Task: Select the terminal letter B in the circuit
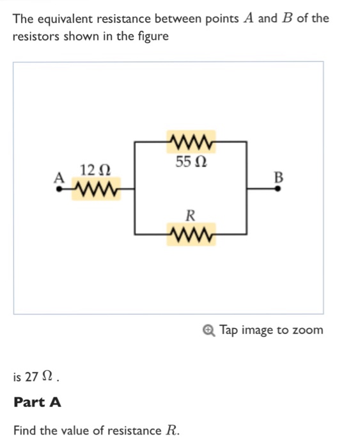(x=278, y=176)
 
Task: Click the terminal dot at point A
(x=60, y=189)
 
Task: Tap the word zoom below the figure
(x=308, y=330)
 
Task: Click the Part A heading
(x=38, y=402)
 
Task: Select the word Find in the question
(x=25, y=430)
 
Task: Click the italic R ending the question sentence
(x=171, y=430)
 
